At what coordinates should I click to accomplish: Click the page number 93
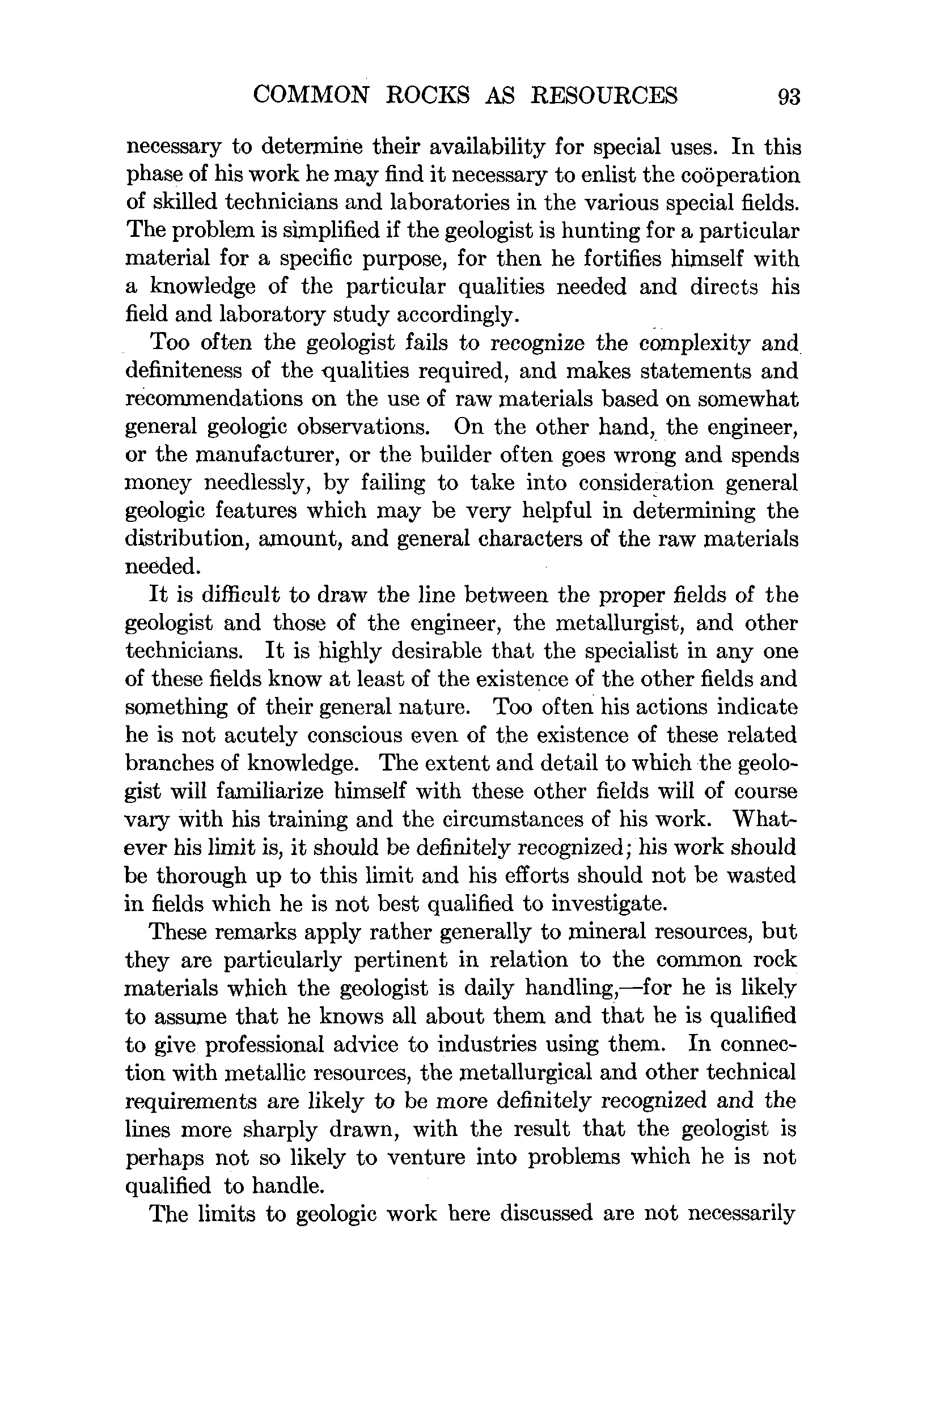coord(789,96)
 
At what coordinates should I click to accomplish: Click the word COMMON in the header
coord(310,95)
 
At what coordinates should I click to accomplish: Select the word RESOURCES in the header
coord(604,95)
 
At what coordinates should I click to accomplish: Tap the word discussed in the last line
coord(544,1213)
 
